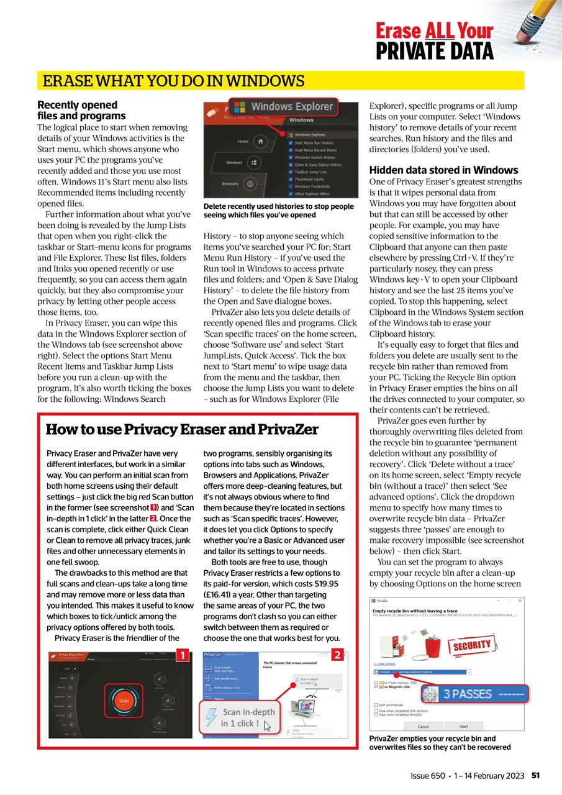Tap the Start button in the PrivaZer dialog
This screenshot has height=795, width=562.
(x=463, y=725)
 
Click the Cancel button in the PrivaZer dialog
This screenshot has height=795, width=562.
(x=423, y=725)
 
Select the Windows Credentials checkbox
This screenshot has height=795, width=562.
(x=291, y=186)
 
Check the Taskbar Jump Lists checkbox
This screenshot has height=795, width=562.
(x=291, y=172)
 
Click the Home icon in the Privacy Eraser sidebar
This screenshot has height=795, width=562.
(x=260, y=142)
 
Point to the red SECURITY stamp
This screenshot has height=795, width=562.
(x=471, y=645)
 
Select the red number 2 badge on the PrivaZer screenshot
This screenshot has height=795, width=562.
(x=337, y=655)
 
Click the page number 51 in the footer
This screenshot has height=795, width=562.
(x=535, y=776)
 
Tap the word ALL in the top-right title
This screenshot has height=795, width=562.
(x=440, y=30)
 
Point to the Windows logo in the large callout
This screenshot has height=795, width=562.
(x=240, y=107)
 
